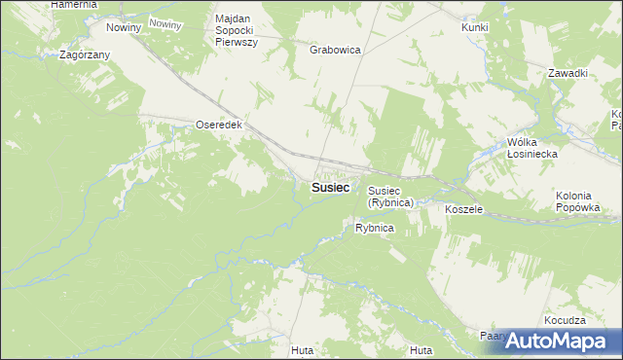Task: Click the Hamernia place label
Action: coord(74,5)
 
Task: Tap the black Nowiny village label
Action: coord(125,27)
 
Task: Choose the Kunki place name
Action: coord(475,27)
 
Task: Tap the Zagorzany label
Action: coord(84,55)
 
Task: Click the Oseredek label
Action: coord(219,126)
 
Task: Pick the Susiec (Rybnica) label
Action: coord(391,197)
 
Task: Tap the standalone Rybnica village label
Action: coord(374,228)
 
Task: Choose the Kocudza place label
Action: coord(566,320)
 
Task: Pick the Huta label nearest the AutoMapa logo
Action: coord(421,350)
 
